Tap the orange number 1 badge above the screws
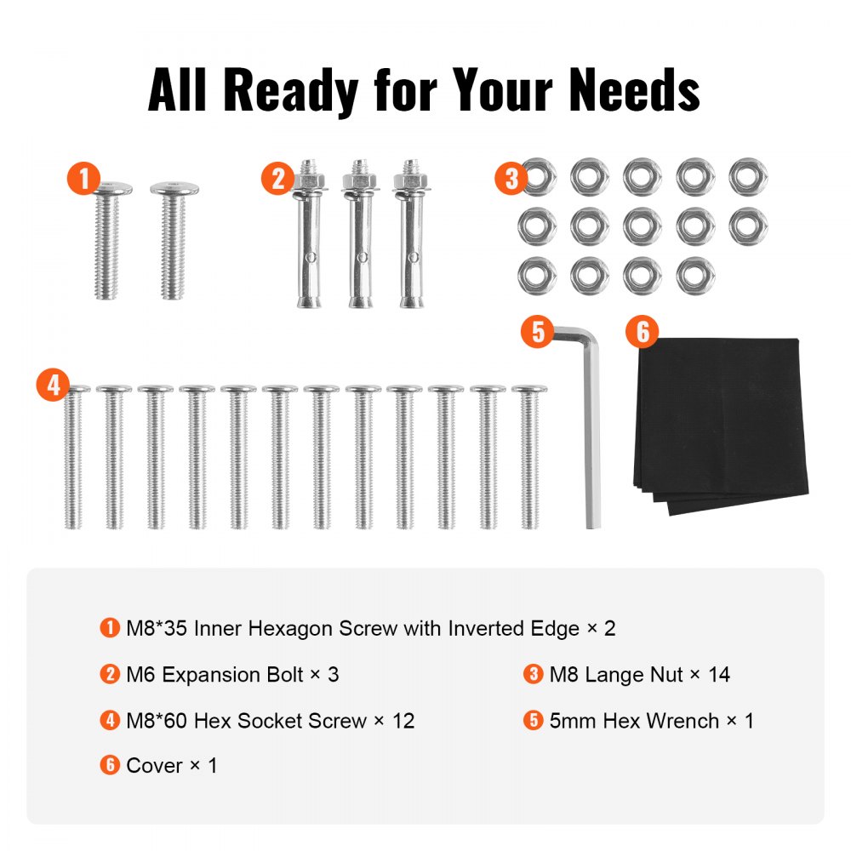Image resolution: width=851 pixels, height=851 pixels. coord(83,180)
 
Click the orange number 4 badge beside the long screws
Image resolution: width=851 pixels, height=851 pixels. coord(53,386)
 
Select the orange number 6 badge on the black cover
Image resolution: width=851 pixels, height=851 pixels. coord(643,332)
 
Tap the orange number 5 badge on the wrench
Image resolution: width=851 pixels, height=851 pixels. coord(537,332)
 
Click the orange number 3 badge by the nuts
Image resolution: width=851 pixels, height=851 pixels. coord(511,179)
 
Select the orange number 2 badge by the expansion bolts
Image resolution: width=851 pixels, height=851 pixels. coord(277,180)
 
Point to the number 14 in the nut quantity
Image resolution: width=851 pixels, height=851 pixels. coord(717,675)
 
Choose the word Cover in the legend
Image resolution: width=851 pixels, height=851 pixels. coord(154,766)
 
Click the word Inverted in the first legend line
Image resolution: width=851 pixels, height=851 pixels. coord(488,629)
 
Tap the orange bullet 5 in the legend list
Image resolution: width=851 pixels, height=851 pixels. coord(533,721)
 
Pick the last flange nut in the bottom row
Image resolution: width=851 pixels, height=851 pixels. coord(695,275)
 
